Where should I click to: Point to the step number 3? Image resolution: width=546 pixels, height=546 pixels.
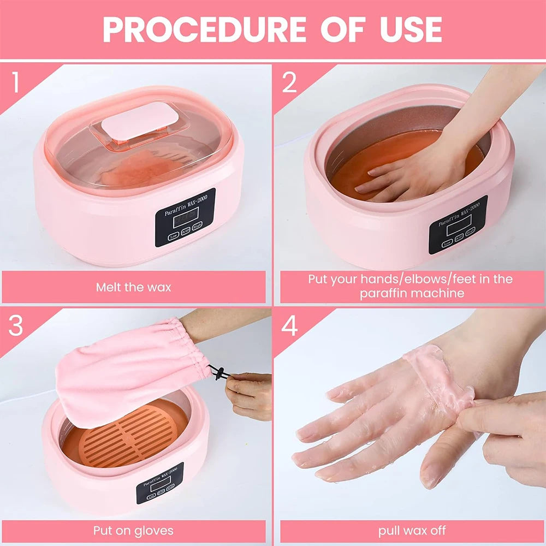(16, 326)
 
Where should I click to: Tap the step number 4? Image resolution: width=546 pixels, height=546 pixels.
(289, 326)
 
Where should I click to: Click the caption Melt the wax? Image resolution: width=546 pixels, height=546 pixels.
(133, 287)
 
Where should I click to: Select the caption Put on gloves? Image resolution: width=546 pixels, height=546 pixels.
(133, 530)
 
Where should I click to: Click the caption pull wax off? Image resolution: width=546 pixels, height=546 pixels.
(412, 530)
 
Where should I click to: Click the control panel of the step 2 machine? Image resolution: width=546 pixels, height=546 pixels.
(458, 224)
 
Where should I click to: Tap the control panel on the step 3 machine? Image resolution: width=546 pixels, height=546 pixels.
(159, 483)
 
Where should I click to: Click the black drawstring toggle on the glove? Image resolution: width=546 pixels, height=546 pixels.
(218, 374)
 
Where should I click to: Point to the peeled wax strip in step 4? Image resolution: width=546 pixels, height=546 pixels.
(440, 377)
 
